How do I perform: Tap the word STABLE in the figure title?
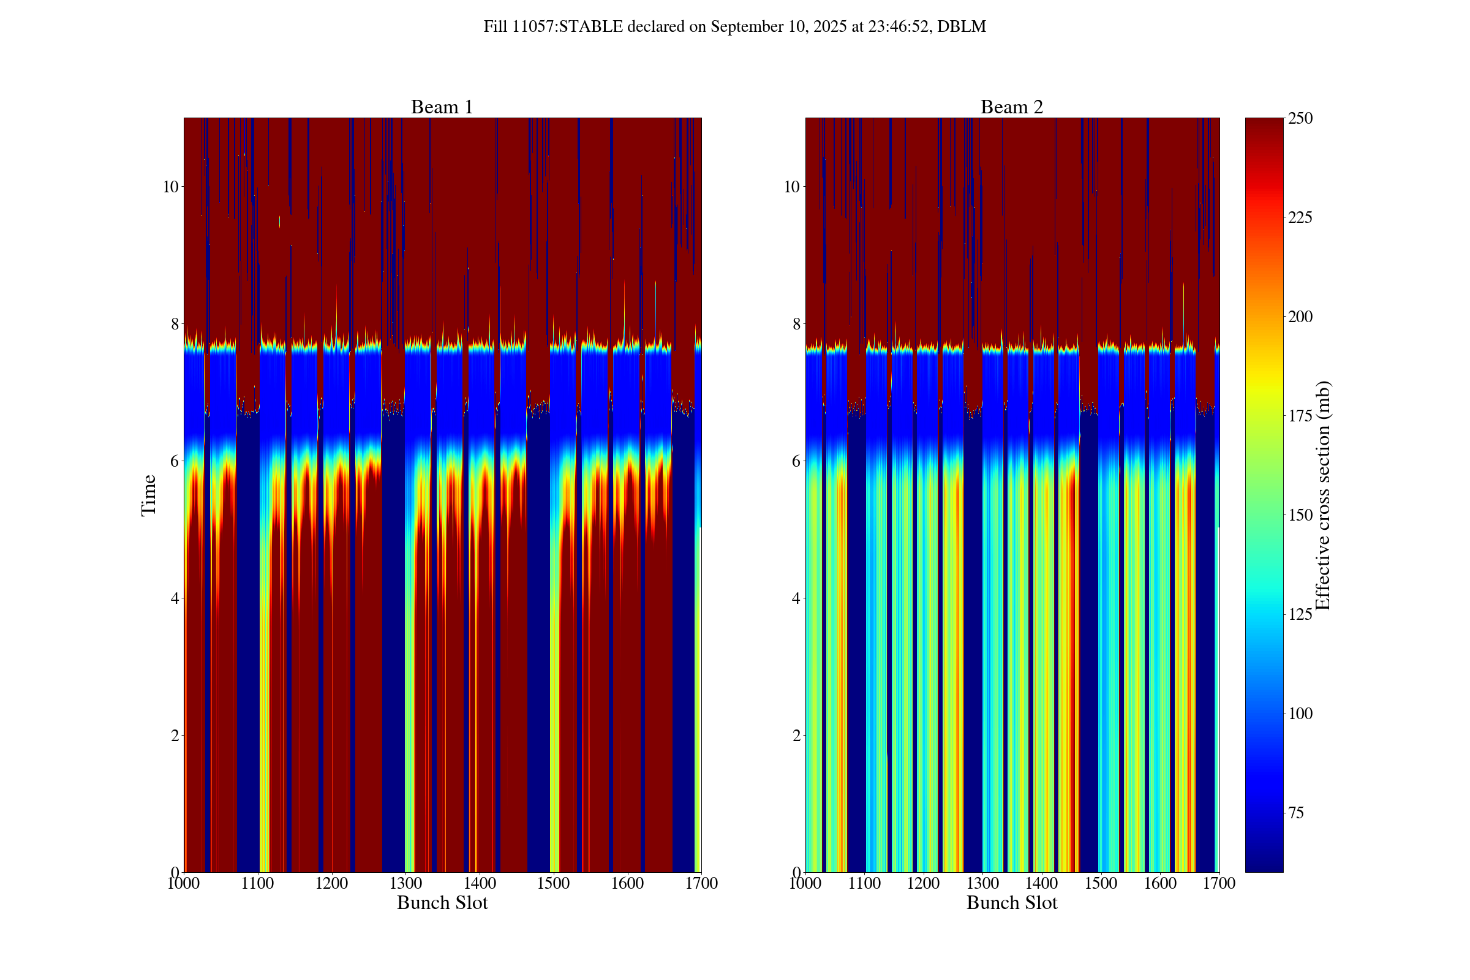tap(590, 26)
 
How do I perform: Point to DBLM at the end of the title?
tap(961, 26)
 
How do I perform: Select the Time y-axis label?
tap(149, 495)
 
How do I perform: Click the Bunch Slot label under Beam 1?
tap(442, 902)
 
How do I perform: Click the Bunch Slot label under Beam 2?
tap(1011, 902)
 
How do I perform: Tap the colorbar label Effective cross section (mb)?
tap(1322, 495)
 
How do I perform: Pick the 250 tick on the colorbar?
tap(1300, 118)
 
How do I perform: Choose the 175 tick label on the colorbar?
tap(1300, 417)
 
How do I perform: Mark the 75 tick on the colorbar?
tap(1295, 813)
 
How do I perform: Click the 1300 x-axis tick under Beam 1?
tap(405, 883)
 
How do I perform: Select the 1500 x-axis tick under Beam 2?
tap(1101, 883)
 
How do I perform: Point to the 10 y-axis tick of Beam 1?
tap(171, 187)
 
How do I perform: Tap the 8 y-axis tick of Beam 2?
tap(796, 324)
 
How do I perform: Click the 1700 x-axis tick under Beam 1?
tap(701, 883)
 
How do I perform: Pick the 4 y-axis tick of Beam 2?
tap(796, 598)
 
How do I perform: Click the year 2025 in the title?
tap(829, 26)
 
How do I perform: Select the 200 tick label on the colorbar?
tap(1300, 317)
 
